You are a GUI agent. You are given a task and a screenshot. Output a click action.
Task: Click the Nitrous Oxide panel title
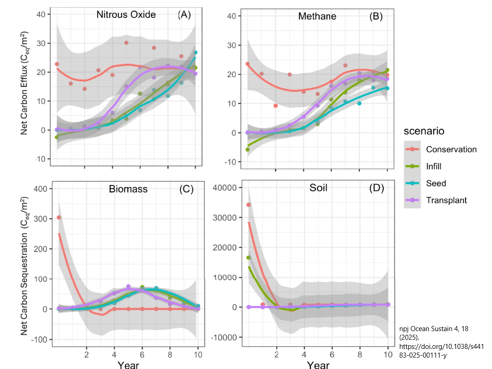[126, 15]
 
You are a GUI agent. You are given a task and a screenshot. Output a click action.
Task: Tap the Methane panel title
[317, 16]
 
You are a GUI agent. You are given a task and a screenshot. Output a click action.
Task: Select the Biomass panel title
[128, 189]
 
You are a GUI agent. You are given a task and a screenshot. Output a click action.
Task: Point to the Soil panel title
[318, 188]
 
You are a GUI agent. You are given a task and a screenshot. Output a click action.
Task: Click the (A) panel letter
[184, 15]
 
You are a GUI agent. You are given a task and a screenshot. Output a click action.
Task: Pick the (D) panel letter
[376, 188]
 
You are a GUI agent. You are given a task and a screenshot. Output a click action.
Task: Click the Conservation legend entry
[451, 149]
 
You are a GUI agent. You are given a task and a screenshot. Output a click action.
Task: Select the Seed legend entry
[436, 183]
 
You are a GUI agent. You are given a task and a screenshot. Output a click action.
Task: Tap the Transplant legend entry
[446, 200]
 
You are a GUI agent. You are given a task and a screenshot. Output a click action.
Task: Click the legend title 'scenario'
[424, 131]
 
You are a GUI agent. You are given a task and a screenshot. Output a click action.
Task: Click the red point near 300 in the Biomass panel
[59, 217]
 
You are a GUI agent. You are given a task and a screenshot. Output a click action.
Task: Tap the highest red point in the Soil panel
[249, 205]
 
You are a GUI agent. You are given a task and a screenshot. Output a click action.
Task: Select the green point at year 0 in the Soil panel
[249, 258]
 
